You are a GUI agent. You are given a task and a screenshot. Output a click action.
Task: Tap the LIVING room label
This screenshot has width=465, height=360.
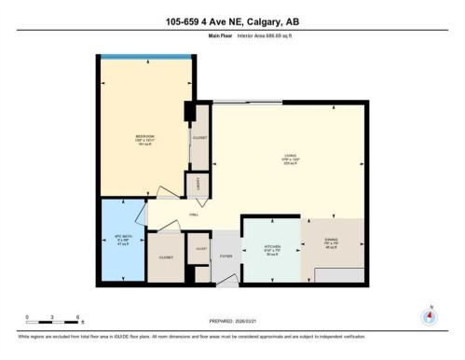tap(290, 156)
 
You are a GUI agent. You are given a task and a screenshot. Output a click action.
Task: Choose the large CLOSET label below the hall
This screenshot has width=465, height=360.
tap(167, 256)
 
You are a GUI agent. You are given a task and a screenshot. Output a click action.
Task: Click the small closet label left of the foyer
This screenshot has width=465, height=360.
tap(201, 248)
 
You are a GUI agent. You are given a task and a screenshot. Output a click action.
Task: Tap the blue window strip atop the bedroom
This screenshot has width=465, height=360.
tap(144, 57)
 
